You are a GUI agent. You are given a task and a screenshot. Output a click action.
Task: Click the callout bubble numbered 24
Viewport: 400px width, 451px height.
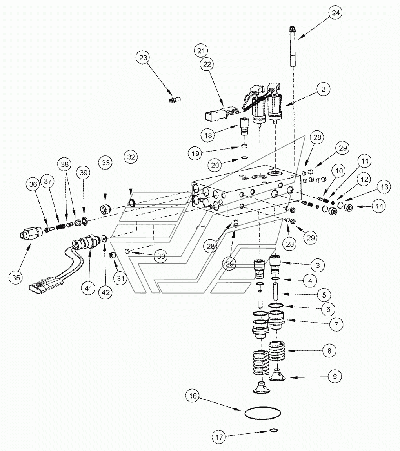coord(336,13)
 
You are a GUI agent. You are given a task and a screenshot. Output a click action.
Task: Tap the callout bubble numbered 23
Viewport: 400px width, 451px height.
coord(144,58)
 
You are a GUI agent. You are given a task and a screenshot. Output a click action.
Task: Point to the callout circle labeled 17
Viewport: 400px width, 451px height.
coord(220,437)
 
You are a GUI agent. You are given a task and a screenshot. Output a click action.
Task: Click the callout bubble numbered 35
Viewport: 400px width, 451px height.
coord(15,278)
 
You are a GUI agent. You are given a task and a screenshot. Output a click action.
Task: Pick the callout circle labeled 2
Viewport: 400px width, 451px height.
coord(323,90)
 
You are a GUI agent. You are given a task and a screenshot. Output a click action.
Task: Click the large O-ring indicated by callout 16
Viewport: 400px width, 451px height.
coord(262,413)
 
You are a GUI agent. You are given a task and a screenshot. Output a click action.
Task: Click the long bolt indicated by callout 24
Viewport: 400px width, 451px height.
coord(293,47)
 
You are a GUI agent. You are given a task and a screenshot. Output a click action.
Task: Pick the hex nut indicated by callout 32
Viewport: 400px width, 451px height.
coord(132,203)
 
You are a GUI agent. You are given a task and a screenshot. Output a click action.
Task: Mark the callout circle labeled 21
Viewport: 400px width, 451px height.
coord(202,51)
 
